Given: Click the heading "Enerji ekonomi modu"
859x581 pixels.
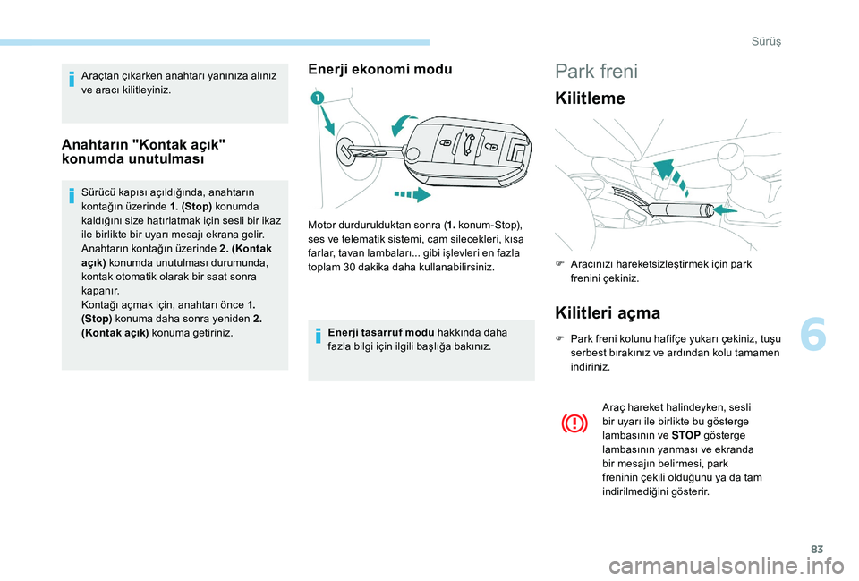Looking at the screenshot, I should click(x=380, y=69).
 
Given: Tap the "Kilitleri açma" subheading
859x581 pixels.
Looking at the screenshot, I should click(x=608, y=312).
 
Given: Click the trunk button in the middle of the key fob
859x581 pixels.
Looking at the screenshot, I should click(x=468, y=140).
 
